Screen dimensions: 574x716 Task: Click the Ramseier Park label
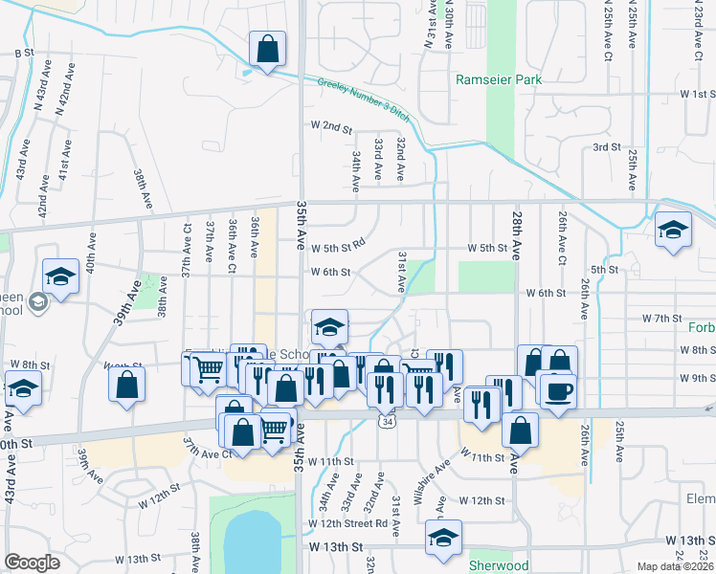pyautogui.click(x=499, y=79)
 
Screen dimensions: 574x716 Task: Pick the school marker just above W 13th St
pyautogui.click(x=442, y=539)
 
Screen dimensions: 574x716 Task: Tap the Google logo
pyautogui.click(x=32, y=562)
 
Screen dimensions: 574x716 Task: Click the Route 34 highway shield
pyautogui.click(x=387, y=421)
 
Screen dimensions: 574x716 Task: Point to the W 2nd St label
pyautogui.click(x=331, y=126)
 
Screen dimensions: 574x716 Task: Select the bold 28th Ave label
pyautogui.click(x=516, y=236)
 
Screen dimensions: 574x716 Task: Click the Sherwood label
pyautogui.click(x=499, y=565)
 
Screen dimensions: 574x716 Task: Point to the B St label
pyautogui.click(x=24, y=53)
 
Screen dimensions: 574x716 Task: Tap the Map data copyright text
pyautogui.click(x=676, y=566)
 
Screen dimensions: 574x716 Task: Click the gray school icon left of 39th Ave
pyautogui.click(x=38, y=302)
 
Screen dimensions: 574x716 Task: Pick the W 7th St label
pyautogui.click(x=661, y=317)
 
